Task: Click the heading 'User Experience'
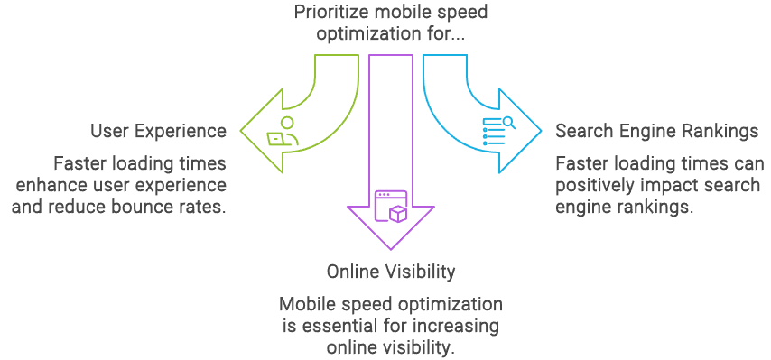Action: tap(158, 131)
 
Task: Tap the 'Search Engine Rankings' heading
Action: tap(656, 131)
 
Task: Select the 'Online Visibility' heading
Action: tap(391, 272)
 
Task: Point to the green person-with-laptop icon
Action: tap(282, 133)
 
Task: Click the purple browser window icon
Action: tap(391, 205)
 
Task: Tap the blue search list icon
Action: tap(497, 132)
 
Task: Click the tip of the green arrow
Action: tap(242, 131)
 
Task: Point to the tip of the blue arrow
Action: tap(540, 131)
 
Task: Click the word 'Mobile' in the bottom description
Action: tap(307, 304)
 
